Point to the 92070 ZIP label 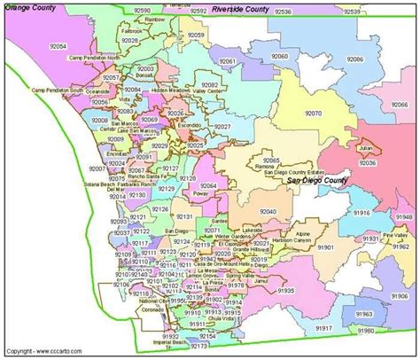(313, 113)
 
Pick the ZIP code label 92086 (355, 59)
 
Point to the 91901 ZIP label (327, 247)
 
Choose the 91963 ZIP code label (365, 313)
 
